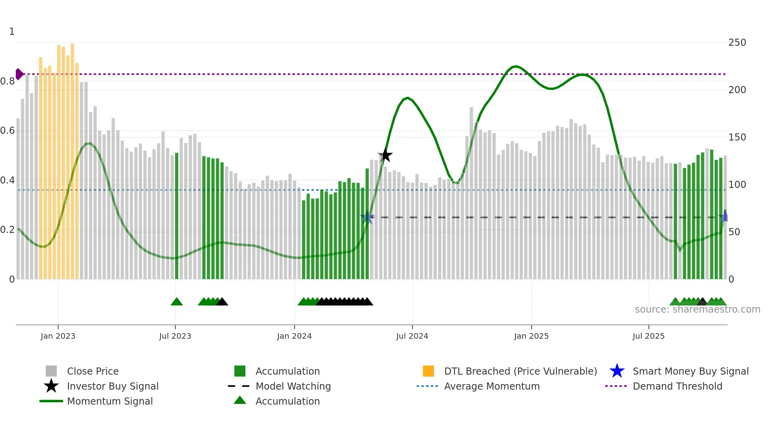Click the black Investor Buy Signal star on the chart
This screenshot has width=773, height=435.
[385, 155]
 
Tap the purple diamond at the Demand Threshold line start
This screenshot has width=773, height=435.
[19, 74]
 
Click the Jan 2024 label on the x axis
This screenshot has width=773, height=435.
[294, 336]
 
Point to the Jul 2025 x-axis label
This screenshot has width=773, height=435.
[648, 336]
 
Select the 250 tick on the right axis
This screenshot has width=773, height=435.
[737, 42]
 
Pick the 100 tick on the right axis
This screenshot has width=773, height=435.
[737, 184]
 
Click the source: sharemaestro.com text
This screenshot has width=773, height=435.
[697, 309]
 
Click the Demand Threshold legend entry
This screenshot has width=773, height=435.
[677, 386]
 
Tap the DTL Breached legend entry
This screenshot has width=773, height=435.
[520, 371]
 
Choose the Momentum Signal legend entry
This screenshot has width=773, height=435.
[110, 401]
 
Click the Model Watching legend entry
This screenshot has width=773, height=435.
[293, 386]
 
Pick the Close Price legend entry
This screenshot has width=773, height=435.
[93, 371]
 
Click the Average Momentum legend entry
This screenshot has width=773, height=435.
[491, 386]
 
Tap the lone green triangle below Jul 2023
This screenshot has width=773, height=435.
[177, 302]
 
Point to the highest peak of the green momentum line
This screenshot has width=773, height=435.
[515, 66]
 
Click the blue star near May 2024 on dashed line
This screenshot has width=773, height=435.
[367, 217]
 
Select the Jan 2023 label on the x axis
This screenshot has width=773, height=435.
[58, 336]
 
